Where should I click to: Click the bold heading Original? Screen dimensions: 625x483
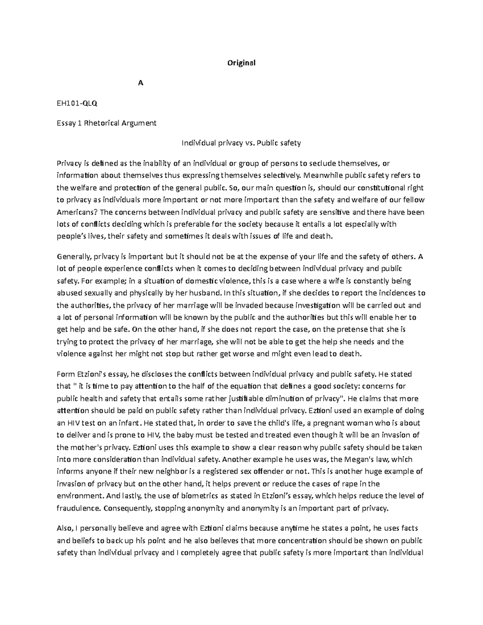point(241,63)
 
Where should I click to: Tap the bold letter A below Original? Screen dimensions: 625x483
point(140,83)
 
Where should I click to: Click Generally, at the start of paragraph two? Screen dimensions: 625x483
point(74,256)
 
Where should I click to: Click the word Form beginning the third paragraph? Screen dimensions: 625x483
point(65,374)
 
